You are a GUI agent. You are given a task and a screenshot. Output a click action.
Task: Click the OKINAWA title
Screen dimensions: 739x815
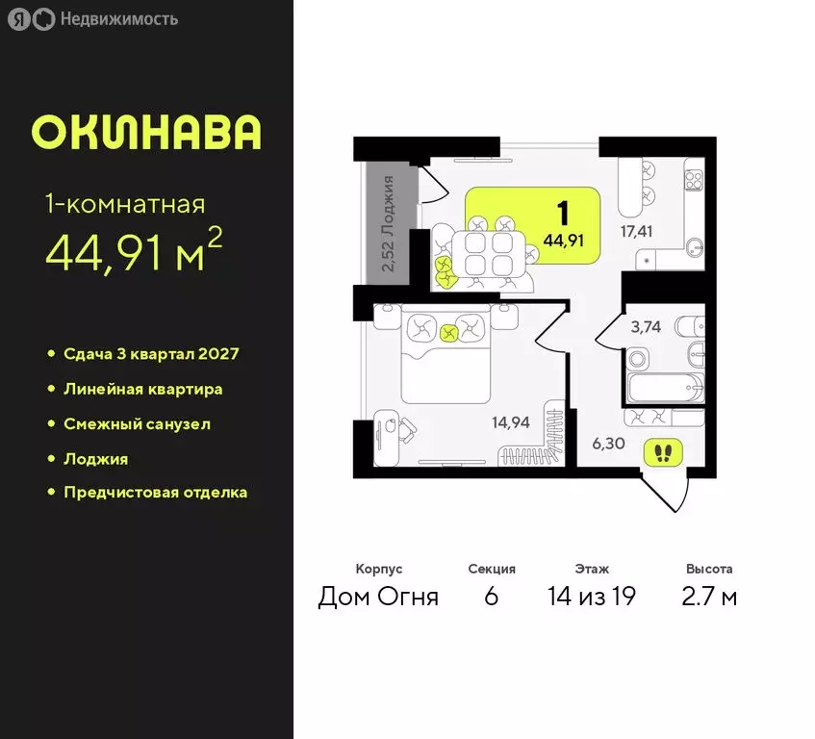pos(145,132)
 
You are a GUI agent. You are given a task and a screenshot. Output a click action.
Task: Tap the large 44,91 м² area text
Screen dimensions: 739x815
pos(134,252)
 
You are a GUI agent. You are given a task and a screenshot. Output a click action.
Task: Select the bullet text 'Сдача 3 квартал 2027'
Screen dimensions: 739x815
pos(151,354)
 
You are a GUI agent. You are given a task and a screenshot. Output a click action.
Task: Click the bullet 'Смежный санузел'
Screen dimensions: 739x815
pos(137,423)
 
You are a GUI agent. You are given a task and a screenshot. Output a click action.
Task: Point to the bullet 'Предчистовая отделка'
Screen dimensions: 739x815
pos(155,493)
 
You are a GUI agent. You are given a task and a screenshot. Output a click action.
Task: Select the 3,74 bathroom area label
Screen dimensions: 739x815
pos(646,326)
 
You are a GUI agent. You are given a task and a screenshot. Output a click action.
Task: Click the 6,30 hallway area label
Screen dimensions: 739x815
pos(608,444)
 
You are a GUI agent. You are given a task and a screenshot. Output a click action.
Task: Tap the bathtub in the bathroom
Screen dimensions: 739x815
pos(665,390)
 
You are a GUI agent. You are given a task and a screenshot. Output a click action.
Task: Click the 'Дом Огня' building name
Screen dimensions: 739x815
pos(378,597)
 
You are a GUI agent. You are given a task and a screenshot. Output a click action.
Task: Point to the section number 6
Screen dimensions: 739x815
pos(491,597)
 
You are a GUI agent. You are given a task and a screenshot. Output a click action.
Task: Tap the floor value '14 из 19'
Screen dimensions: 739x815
pos(591,597)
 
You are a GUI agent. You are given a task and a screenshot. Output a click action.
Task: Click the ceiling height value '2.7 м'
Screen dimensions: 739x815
pos(711,597)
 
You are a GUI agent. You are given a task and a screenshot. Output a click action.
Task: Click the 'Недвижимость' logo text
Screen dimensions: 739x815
pos(118,19)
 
